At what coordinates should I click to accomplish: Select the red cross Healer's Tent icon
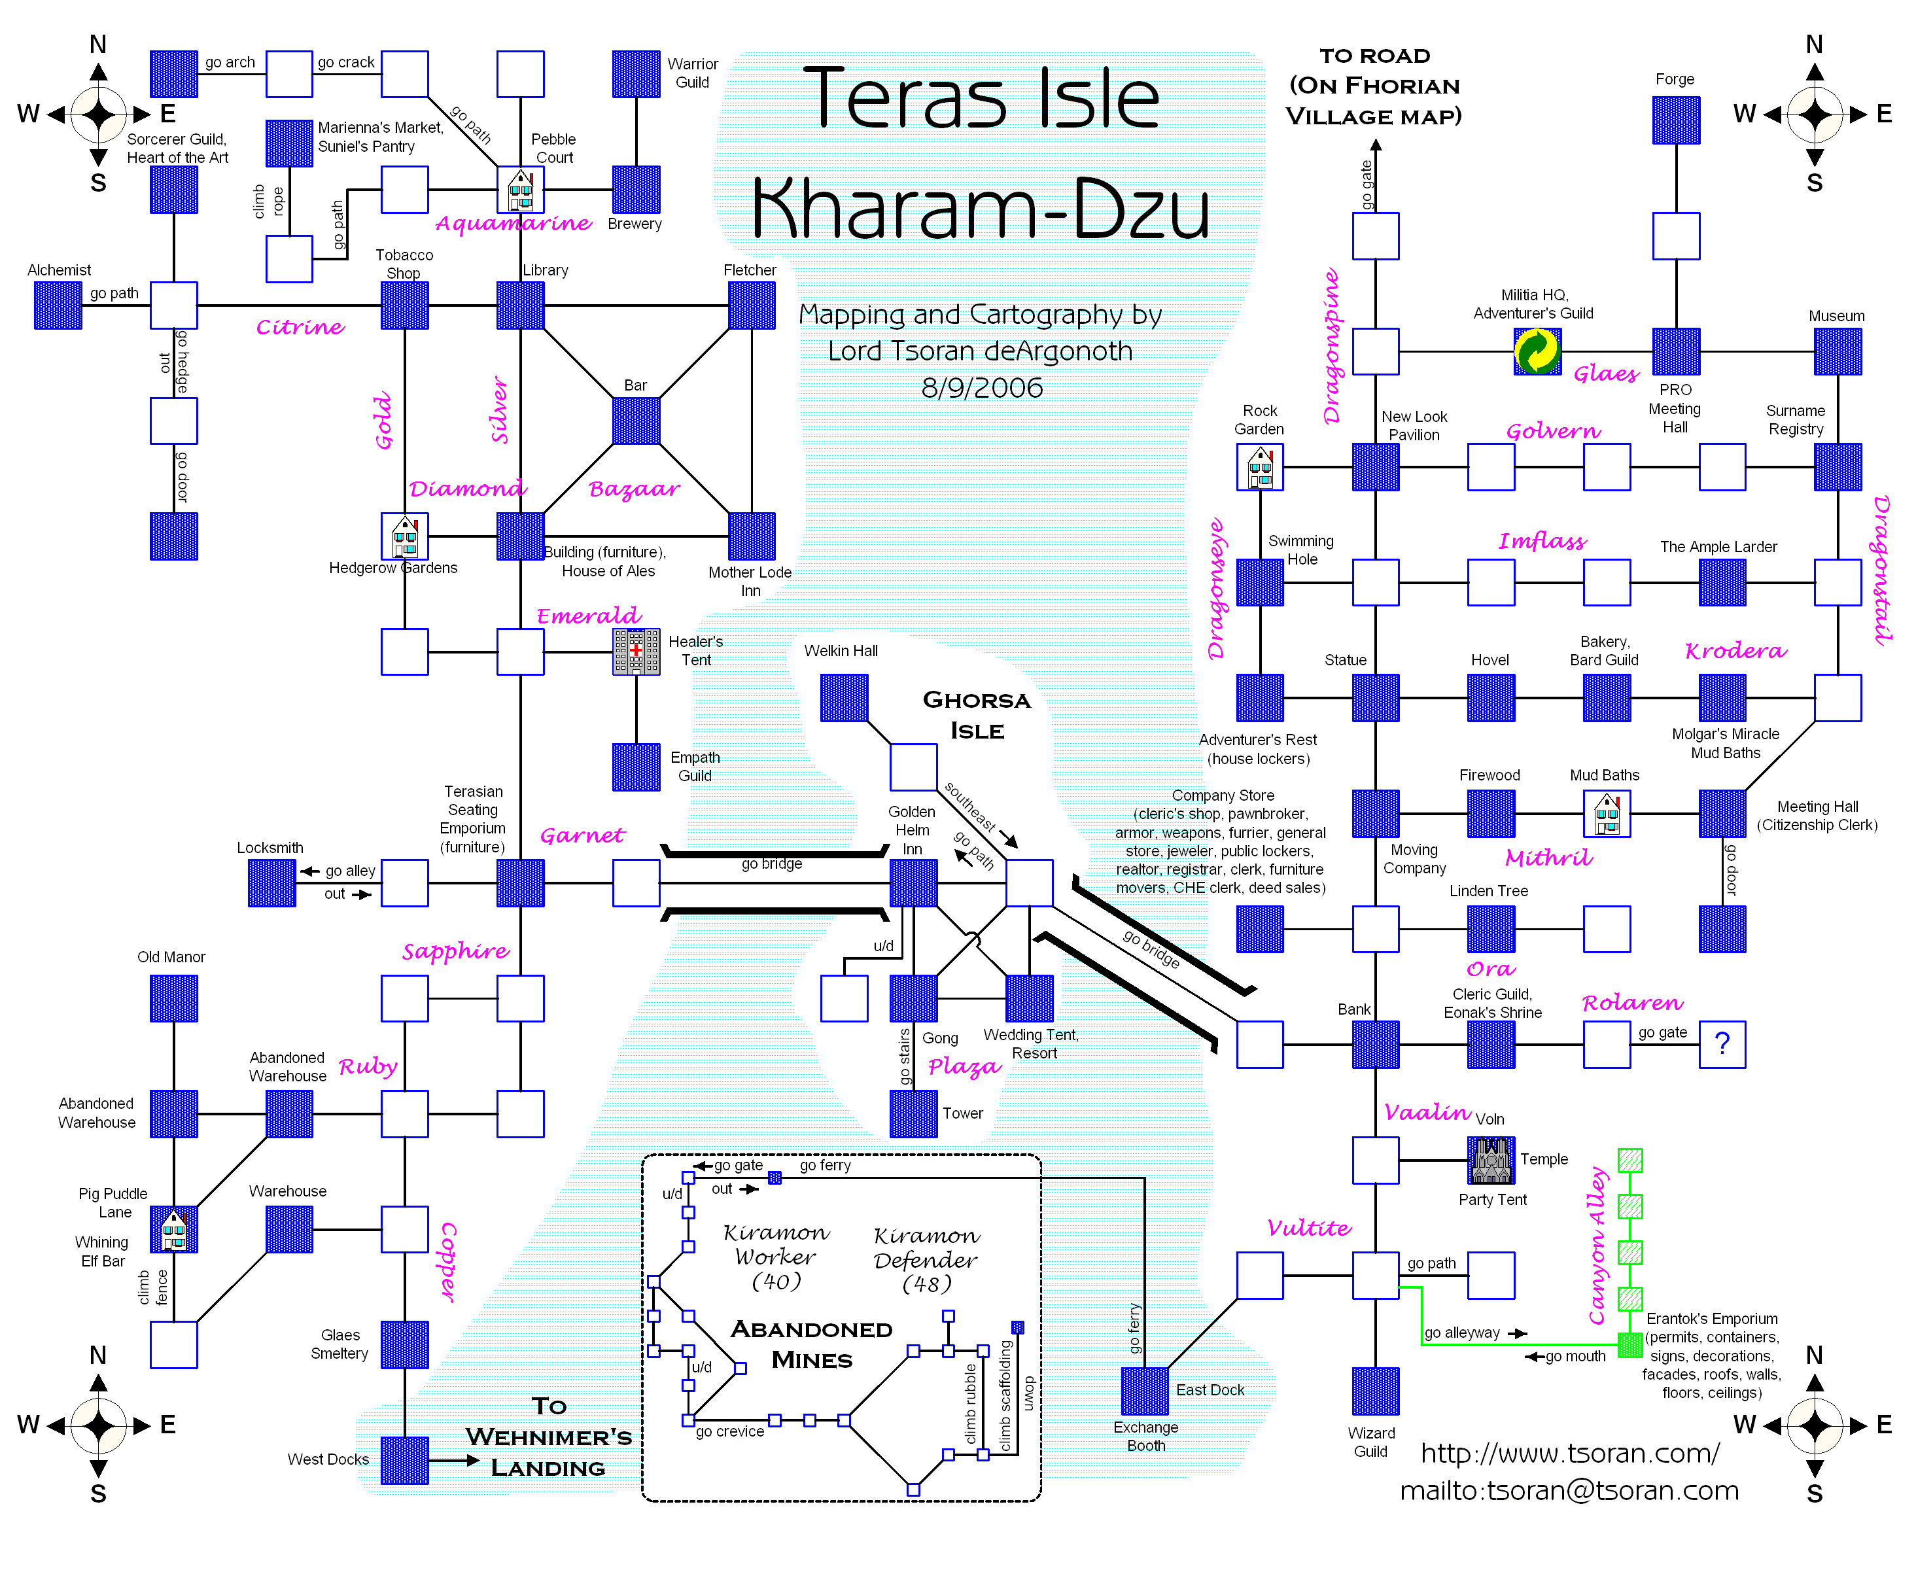click(636, 651)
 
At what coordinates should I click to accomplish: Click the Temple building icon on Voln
click(1491, 1159)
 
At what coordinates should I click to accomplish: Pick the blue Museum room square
click(1838, 351)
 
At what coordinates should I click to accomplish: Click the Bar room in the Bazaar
click(636, 421)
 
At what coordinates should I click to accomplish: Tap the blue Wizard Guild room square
click(1375, 1390)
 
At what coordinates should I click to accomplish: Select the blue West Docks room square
click(404, 1459)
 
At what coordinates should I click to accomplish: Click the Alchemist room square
click(58, 305)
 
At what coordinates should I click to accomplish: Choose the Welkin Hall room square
click(845, 697)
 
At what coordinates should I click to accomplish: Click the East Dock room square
click(1145, 1390)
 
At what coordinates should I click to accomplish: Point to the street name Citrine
click(300, 326)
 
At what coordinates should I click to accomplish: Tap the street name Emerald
click(589, 616)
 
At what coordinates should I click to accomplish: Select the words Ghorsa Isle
click(977, 714)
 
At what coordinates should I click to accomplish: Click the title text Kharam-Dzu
click(981, 208)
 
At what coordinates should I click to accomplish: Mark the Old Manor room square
click(173, 998)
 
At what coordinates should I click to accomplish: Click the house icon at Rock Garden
click(1259, 466)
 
